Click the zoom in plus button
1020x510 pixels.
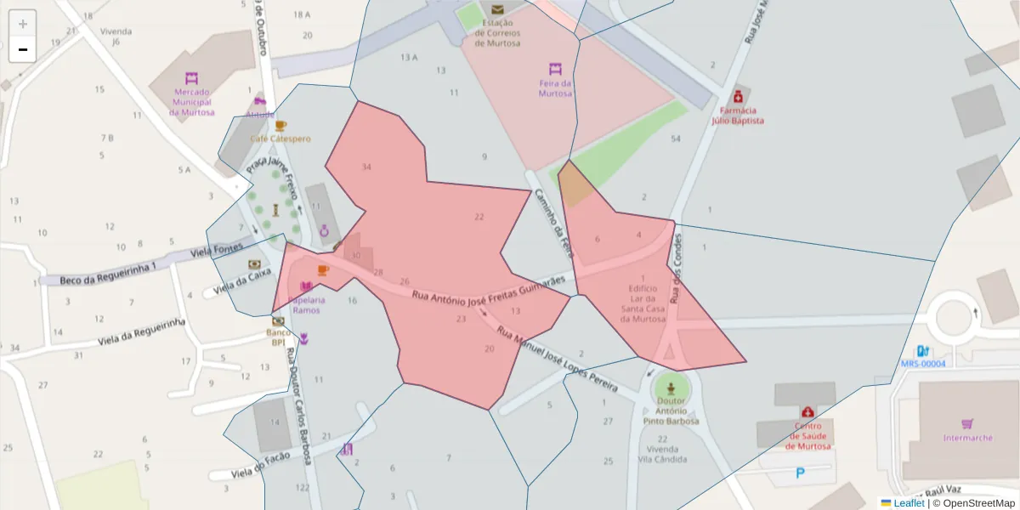pos(23,23)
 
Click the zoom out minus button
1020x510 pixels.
pos(23,49)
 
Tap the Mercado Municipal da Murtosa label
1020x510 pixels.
pos(191,101)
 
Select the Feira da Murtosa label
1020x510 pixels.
pos(555,88)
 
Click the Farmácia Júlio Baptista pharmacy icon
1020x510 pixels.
pos(737,94)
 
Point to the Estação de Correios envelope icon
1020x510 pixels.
pos(497,10)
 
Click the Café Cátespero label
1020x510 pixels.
pos(280,139)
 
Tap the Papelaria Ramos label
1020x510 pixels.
pos(306,305)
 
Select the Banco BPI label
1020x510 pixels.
pos(278,337)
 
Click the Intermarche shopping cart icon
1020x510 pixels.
pos(967,423)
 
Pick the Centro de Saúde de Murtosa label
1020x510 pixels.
pos(807,436)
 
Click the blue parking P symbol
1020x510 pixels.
pos(800,473)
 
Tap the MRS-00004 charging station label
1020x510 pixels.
pos(922,364)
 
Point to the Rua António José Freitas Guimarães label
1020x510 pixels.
pos(488,288)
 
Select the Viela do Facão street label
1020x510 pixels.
pos(261,465)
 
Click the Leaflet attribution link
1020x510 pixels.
pos(908,503)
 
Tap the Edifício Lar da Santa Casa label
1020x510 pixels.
pos(643,303)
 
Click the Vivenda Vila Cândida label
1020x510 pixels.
pos(667,454)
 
